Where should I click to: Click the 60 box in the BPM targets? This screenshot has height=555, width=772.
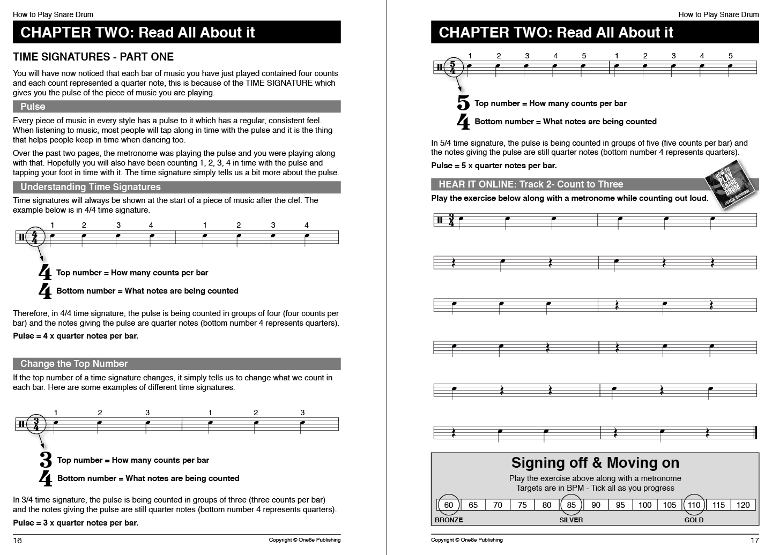click(x=449, y=505)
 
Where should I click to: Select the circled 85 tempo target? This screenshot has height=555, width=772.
click(x=571, y=505)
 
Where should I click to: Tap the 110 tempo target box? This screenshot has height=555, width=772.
click(x=694, y=505)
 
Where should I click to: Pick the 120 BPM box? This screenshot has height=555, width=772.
click(x=743, y=505)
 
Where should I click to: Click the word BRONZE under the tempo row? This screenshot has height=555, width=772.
click(x=449, y=520)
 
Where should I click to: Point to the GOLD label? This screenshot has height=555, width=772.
click(x=694, y=520)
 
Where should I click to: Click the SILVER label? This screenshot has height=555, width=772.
click(x=571, y=520)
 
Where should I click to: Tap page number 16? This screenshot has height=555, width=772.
click(x=18, y=540)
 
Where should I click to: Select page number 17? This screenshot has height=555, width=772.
click(x=754, y=540)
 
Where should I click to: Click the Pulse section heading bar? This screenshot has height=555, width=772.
click(x=176, y=107)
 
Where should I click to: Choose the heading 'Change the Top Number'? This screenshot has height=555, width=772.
click(x=176, y=364)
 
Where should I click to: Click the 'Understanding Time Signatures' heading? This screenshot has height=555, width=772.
click(x=176, y=187)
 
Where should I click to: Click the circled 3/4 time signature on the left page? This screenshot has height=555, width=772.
click(x=36, y=424)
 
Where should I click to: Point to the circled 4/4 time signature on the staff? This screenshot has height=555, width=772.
click(x=35, y=237)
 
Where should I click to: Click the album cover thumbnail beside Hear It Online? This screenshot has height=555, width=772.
click(x=732, y=185)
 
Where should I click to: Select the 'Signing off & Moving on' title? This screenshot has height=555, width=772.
click(x=595, y=462)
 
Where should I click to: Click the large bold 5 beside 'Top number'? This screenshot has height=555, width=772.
click(x=463, y=103)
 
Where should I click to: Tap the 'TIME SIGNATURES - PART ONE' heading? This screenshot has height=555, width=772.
click(x=93, y=57)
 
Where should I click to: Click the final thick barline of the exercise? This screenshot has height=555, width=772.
click(x=755, y=432)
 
